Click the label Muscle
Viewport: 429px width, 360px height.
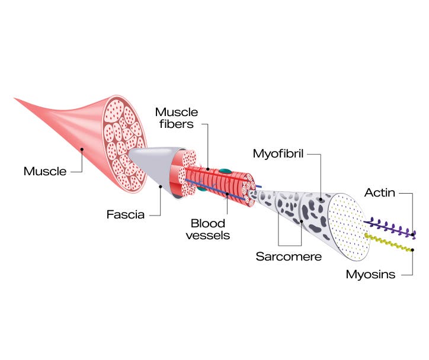[45, 171]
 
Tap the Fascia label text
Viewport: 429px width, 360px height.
[125, 214]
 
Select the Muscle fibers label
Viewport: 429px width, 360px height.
[177, 118]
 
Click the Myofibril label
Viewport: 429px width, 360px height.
[278, 155]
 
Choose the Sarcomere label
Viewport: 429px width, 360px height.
[289, 257]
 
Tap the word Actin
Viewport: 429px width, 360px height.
[380, 192]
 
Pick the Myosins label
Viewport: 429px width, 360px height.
[370, 274]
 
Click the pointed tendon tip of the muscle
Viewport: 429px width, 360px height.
[18, 99]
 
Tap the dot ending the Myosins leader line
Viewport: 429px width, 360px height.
[412, 250]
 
